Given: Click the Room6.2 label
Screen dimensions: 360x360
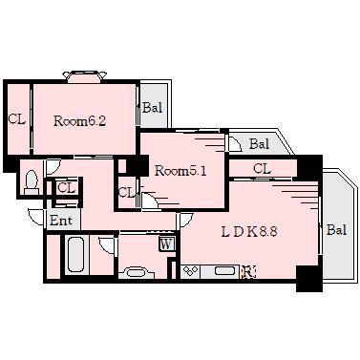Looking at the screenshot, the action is click(x=79, y=121).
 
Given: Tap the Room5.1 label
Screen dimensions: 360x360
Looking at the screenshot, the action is click(x=180, y=171).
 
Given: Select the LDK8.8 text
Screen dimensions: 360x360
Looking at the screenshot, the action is click(x=249, y=232).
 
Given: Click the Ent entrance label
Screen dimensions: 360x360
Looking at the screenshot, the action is click(x=61, y=221).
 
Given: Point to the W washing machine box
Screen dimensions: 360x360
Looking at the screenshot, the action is click(x=166, y=244).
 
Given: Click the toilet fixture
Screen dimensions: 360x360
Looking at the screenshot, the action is click(x=32, y=182).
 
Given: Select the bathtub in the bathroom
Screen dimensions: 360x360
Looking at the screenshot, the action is click(x=75, y=254).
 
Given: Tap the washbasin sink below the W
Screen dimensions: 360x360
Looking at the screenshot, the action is click(x=137, y=273).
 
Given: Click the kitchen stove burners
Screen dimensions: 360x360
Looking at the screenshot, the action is click(x=190, y=272).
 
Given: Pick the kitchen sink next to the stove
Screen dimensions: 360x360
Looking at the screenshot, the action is click(x=226, y=271).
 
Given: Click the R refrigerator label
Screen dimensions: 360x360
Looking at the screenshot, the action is click(x=249, y=272).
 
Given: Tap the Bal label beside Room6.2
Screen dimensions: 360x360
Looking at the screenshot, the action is click(x=152, y=108).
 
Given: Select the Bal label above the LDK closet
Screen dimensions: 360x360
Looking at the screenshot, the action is click(x=259, y=144).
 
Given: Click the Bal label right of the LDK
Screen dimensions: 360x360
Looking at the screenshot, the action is click(x=336, y=229).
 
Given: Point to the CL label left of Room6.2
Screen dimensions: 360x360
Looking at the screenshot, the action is click(x=16, y=119).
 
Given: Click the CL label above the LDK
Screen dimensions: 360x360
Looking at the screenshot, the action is click(x=262, y=169).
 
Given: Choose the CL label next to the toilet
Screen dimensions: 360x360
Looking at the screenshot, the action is click(x=66, y=188).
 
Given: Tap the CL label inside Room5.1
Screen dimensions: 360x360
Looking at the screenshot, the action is click(x=127, y=193).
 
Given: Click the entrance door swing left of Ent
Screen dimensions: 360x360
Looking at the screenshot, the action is click(x=36, y=217).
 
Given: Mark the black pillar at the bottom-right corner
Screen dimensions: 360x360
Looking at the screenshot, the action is click(x=309, y=279).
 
